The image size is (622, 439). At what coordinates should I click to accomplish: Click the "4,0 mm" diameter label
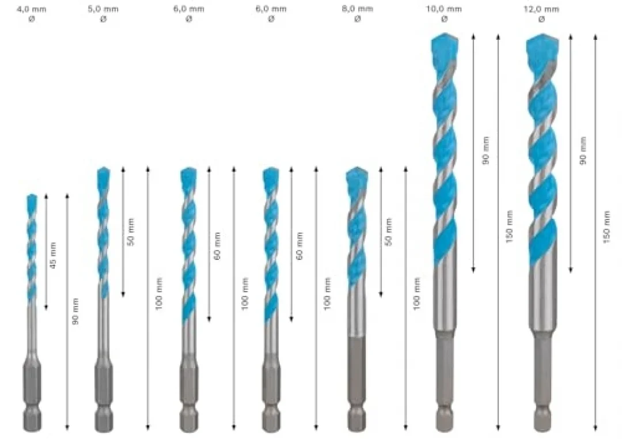[x=31, y=9]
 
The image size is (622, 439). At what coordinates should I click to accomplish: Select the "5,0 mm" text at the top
[x=103, y=9]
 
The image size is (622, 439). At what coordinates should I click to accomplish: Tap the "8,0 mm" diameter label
[x=358, y=9]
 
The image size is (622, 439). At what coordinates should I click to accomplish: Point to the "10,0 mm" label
[x=444, y=9]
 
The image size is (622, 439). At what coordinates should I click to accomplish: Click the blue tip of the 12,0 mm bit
[x=543, y=48]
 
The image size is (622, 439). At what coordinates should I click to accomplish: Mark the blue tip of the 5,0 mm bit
[x=104, y=176]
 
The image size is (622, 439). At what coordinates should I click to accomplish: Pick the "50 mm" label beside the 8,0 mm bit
[x=388, y=232]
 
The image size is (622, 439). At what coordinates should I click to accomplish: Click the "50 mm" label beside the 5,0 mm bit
[x=131, y=232]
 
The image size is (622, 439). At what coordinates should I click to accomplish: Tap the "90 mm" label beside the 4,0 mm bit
[x=75, y=311]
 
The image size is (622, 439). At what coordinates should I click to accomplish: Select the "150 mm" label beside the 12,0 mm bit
[x=606, y=227]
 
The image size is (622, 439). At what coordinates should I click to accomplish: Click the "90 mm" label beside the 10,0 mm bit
[x=486, y=150]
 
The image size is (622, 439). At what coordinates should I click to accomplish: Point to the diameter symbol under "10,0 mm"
[x=444, y=18]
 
